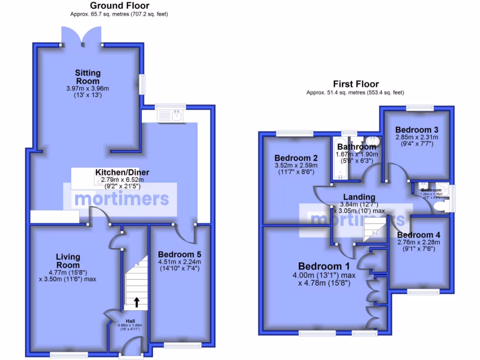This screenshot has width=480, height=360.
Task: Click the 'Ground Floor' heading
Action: click(x=119, y=6)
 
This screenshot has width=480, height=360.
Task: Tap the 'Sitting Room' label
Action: click(x=88, y=77)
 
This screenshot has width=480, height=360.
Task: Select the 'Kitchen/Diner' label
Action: click(x=117, y=172)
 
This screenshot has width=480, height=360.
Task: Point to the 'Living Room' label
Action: click(x=68, y=261)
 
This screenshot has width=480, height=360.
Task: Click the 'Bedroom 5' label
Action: click(x=180, y=255)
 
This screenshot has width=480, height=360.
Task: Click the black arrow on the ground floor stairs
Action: click(x=136, y=302)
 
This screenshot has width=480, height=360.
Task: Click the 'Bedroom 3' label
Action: click(x=417, y=130)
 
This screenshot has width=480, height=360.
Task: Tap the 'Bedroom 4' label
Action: click(x=419, y=235)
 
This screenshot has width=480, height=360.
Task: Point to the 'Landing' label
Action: click(x=359, y=197)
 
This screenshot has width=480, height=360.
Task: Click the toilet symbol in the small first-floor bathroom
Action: click(x=439, y=206)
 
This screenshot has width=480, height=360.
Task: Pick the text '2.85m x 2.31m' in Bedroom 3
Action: click(x=417, y=137)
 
